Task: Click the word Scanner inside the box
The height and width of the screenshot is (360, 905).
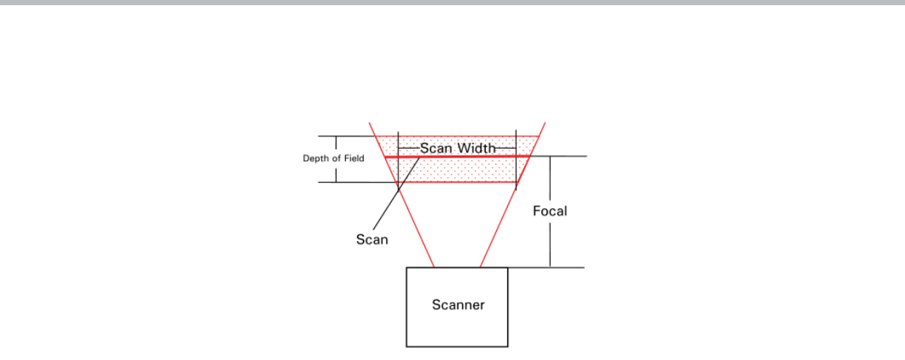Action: pyautogui.click(x=458, y=305)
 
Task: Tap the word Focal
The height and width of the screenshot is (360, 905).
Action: pyautogui.click(x=550, y=211)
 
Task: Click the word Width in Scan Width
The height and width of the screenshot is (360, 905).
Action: pyautogui.click(x=476, y=148)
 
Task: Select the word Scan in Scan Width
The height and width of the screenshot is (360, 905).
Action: pyautogui.click(x=436, y=148)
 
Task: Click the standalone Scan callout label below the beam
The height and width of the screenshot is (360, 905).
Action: pyautogui.click(x=372, y=240)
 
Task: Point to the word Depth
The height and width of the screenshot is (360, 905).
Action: pyautogui.click(x=316, y=158)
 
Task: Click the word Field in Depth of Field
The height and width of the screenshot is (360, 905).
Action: pyautogui.click(x=353, y=158)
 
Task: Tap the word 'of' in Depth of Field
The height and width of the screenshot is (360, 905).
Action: pyautogui.click(x=336, y=158)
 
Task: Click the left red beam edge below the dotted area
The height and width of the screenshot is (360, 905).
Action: pyautogui.click(x=416, y=226)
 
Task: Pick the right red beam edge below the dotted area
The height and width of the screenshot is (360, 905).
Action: pyautogui.click(x=498, y=226)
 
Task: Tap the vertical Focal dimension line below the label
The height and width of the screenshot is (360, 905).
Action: pyautogui.click(x=550, y=244)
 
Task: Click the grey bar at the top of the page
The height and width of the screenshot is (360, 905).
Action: pyautogui.click(x=452, y=2)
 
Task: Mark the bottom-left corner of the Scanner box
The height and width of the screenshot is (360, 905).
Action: pyautogui.click(x=407, y=346)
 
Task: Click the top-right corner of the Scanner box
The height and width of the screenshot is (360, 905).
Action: pyautogui.click(x=507, y=268)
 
